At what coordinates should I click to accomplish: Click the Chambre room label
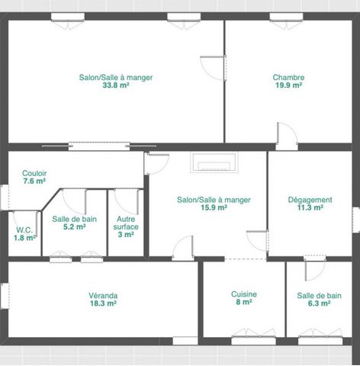click(x=288, y=77)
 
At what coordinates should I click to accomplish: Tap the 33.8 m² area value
click(x=116, y=85)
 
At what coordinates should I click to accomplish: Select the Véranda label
click(x=103, y=296)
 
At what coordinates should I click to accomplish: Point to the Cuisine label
click(x=244, y=294)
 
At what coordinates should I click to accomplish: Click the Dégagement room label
click(x=310, y=200)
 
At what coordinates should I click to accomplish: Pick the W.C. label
click(x=24, y=230)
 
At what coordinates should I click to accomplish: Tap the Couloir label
click(x=34, y=173)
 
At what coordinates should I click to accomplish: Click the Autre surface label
click(x=126, y=223)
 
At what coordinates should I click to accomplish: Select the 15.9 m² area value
click(x=214, y=207)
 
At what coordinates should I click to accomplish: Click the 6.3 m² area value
click(x=320, y=303)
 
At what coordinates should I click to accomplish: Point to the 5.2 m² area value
click(x=75, y=226)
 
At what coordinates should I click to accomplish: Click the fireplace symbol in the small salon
click(x=214, y=162)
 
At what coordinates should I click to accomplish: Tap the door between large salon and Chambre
click(x=214, y=68)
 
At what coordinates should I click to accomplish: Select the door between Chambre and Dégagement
click(x=287, y=136)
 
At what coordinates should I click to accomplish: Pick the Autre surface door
click(x=127, y=202)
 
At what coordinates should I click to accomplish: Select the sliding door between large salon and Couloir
click(x=99, y=146)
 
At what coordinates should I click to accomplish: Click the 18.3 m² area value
click(x=103, y=303)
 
